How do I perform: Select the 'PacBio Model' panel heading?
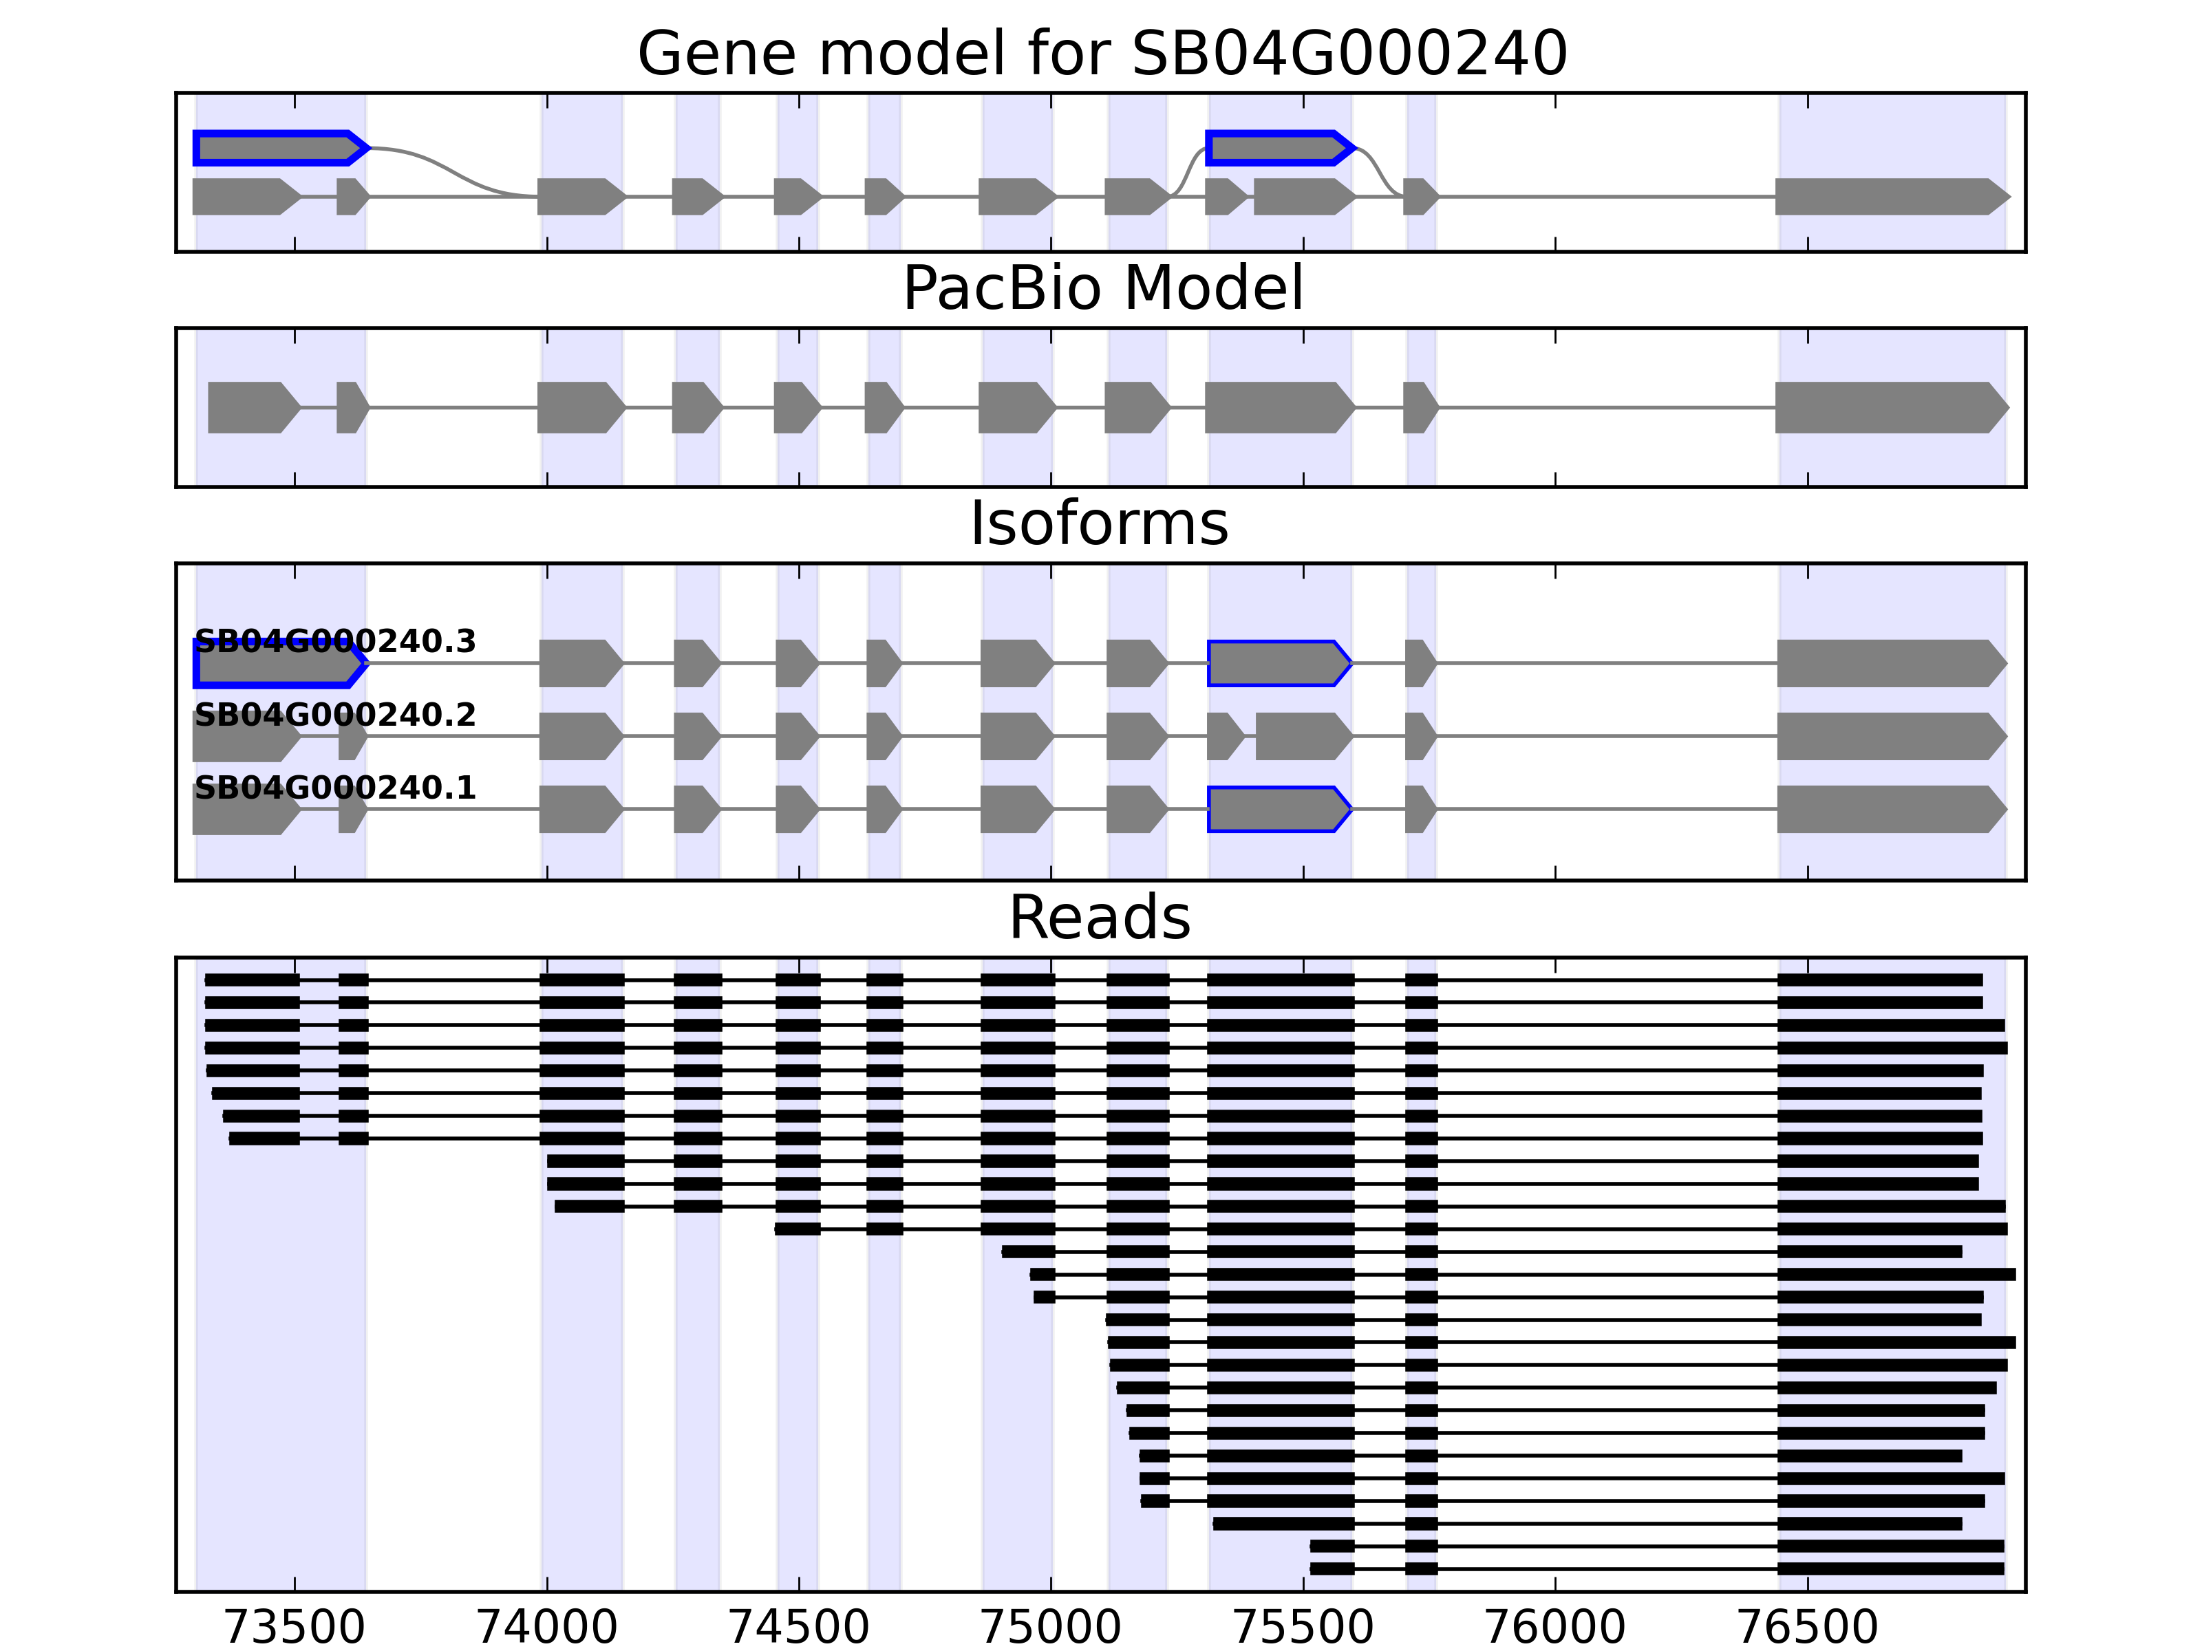click(x=1102, y=289)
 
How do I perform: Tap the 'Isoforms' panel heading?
click(x=1099, y=524)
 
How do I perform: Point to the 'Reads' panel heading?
click(x=1099, y=918)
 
